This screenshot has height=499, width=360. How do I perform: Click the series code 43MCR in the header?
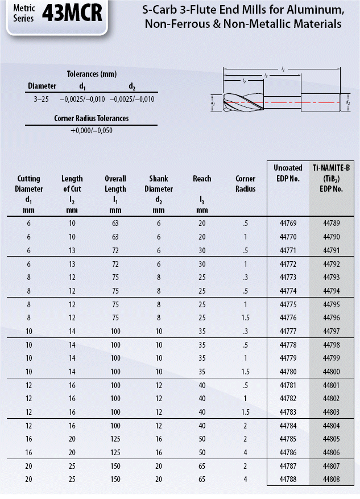(72, 14)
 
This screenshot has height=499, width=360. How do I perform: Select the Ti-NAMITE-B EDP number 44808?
(330, 479)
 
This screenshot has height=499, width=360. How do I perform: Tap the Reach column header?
(202, 179)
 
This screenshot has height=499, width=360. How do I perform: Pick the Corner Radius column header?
(246, 184)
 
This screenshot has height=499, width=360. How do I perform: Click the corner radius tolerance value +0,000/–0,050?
(92, 130)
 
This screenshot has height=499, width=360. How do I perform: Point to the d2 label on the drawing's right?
(347, 103)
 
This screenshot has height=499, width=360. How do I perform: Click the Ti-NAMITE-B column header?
(330, 178)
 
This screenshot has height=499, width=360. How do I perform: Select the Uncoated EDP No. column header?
(287, 173)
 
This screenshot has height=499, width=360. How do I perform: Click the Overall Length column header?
(115, 184)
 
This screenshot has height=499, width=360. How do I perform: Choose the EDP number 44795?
(330, 304)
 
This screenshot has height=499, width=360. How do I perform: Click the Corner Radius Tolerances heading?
(92, 118)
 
